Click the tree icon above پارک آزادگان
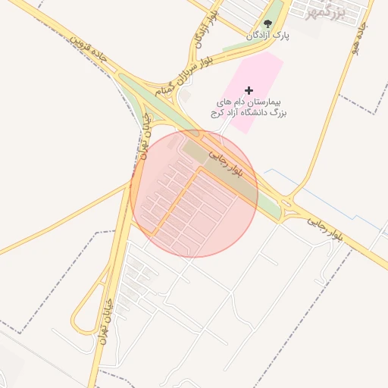[268, 23]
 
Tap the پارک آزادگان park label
[268, 35]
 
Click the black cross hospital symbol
[249, 90]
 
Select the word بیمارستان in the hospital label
[269, 101]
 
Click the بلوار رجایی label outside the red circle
[326, 228]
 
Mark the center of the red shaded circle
[194, 194]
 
